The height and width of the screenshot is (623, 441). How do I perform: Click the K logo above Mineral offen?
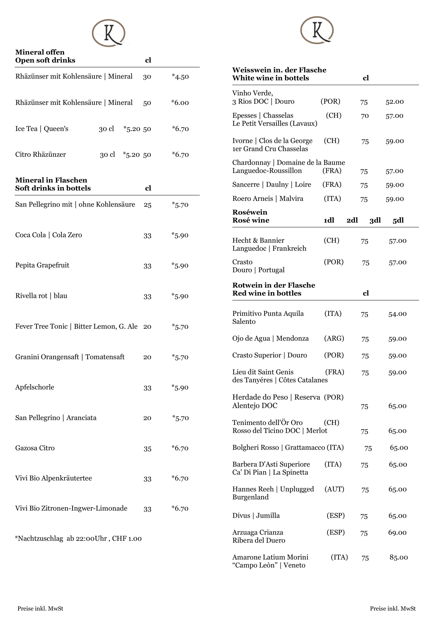[108, 33]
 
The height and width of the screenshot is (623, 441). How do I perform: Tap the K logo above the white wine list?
[317, 30]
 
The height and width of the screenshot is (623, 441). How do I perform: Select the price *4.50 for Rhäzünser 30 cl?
[180, 76]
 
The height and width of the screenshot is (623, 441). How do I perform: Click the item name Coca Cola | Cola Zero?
[49, 235]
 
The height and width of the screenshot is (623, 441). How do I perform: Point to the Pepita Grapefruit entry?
[42, 265]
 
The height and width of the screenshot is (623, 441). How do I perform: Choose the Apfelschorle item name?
[34, 387]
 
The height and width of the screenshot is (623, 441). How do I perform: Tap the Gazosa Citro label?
[35, 448]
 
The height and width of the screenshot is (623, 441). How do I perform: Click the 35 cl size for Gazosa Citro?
[147, 448]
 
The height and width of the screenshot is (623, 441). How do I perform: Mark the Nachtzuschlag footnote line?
[78, 538]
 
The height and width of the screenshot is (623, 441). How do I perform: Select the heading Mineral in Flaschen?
[51, 180]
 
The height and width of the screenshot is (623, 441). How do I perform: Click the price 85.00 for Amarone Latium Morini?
[398, 557]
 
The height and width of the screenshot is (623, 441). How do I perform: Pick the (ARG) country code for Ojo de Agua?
[334, 338]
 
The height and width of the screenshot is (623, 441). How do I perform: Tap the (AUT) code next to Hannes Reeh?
[334, 489]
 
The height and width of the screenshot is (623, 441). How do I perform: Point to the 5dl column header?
[398, 220]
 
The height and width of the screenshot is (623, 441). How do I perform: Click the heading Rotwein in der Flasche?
[274, 285]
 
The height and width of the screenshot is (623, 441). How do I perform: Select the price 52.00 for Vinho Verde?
[394, 102]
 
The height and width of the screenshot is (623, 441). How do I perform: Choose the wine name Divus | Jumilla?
[256, 515]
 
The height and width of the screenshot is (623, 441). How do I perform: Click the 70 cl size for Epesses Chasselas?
[364, 116]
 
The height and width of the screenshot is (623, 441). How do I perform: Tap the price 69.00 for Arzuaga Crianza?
[397, 533]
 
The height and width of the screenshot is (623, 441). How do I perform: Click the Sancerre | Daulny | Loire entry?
[272, 185]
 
